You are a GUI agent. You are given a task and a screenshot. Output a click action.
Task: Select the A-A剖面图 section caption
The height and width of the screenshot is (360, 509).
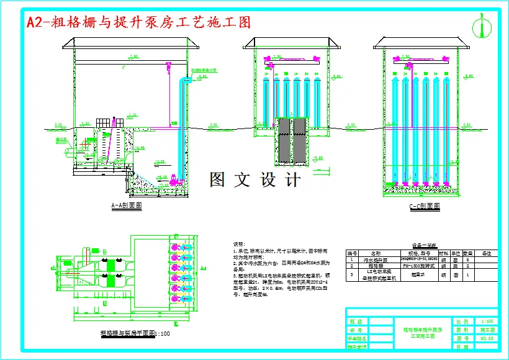(127, 205)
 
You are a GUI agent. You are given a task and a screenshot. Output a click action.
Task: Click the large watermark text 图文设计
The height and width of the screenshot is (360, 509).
(255, 180)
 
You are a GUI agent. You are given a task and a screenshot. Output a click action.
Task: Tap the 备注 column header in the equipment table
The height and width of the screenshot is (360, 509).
(486, 253)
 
